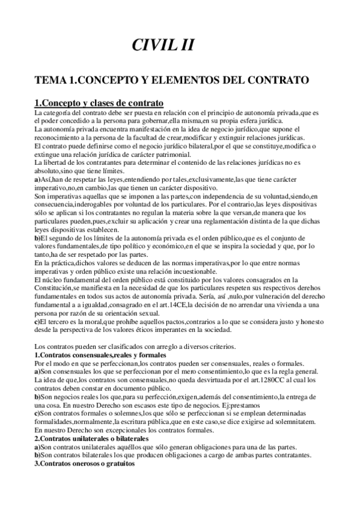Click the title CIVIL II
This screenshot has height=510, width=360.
coord(163,45)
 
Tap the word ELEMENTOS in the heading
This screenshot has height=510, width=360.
coord(199,80)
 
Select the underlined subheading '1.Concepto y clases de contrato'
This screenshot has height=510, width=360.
coord(99,102)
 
